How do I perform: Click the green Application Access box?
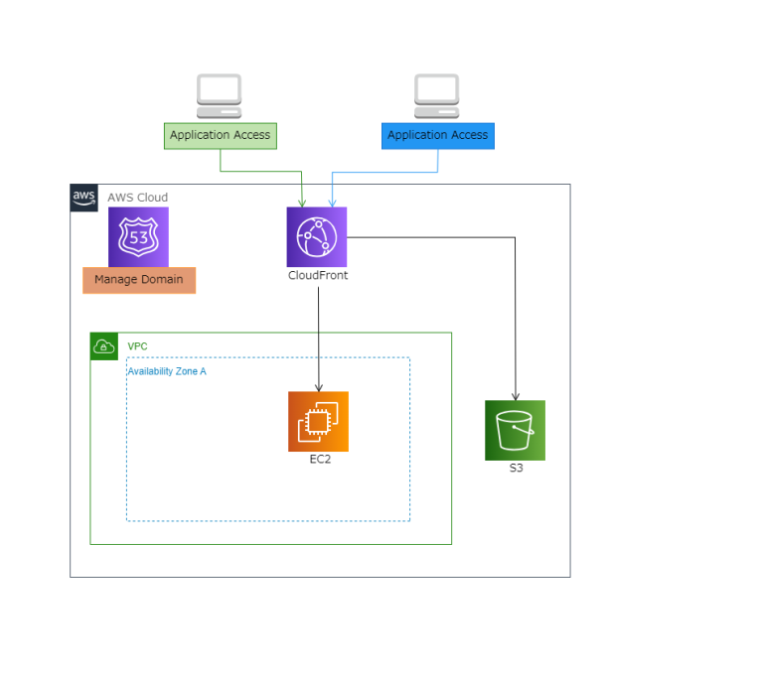pyautogui.click(x=220, y=135)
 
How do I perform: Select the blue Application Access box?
pyautogui.click(x=437, y=135)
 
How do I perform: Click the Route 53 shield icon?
pyautogui.click(x=138, y=236)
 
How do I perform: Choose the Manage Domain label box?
pyautogui.click(x=139, y=280)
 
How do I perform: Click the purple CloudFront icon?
pyautogui.click(x=317, y=236)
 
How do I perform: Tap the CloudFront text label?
pyautogui.click(x=318, y=276)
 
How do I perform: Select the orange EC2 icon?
pyautogui.click(x=318, y=421)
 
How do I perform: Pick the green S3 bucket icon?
pyautogui.click(x=515, y=430)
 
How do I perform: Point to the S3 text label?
pyautogui.click(x=516, y=468)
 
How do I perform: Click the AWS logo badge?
pyautogui.click(x=83, y=197)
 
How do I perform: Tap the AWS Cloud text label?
pyautogui.click(x=137, y=198)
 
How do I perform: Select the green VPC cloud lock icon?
pyautogui.click(x=103, y=346)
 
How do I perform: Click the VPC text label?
pyautogui.click(x=137, y=346)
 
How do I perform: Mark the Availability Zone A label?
pyautogui.click(x=167, y=371)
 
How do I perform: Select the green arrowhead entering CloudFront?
pyautogui.click(x=303, y=202)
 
